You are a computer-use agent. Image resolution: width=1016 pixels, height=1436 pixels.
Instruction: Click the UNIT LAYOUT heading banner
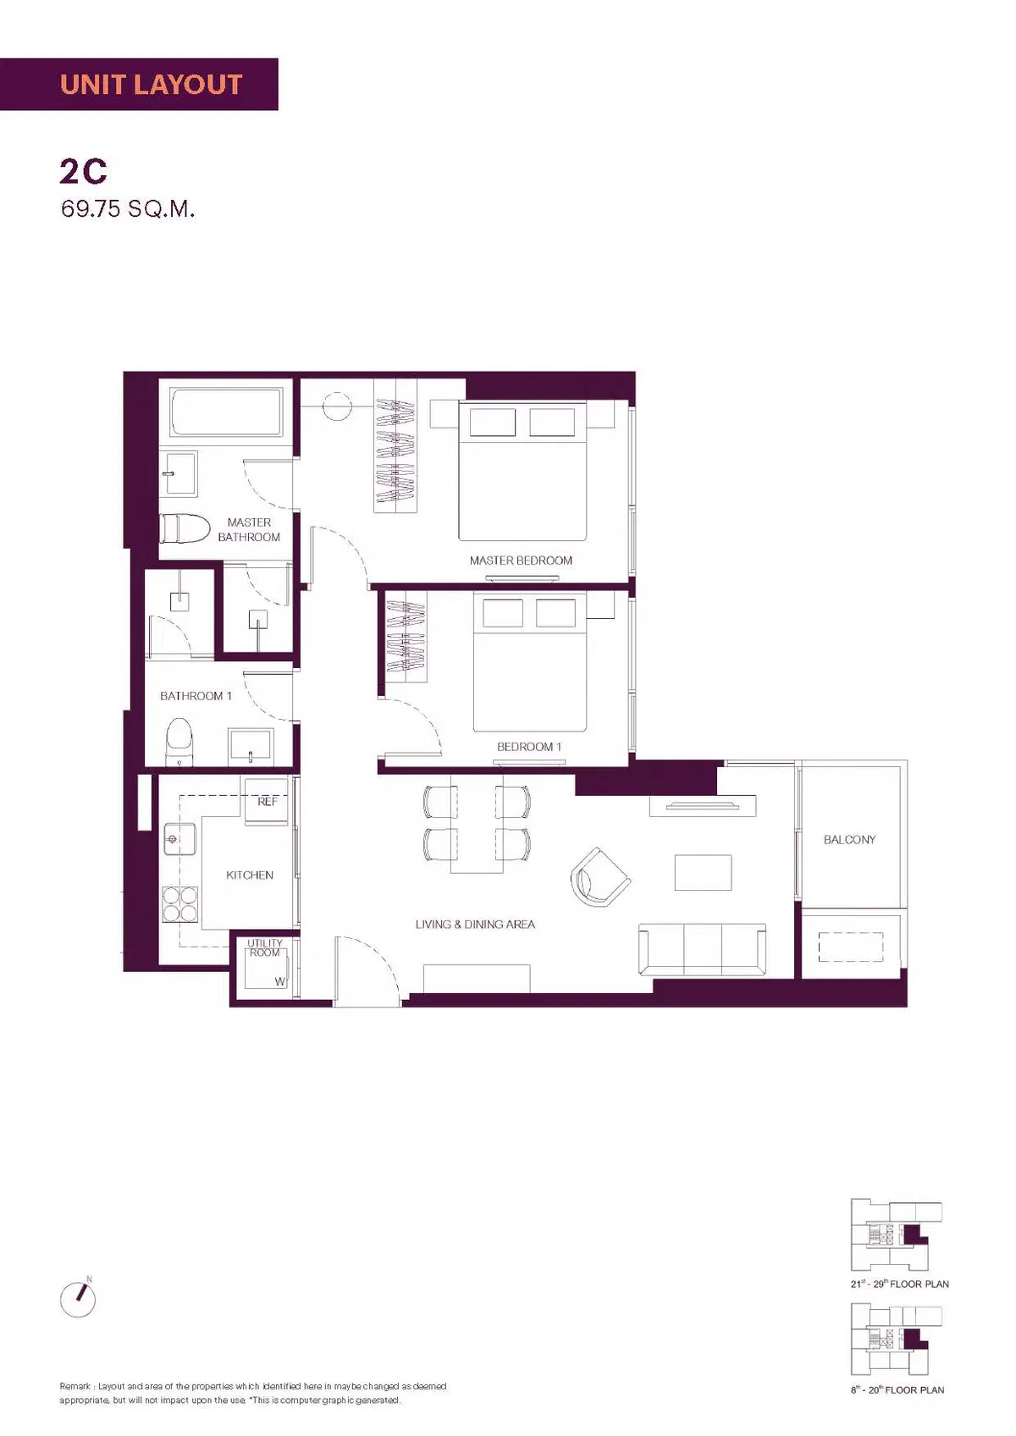pyautogui.click(x=139, y=84)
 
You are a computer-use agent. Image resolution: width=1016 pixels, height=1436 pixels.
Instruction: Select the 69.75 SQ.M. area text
pyautogui.click(x=128, y=209)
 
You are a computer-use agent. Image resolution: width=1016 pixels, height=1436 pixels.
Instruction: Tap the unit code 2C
pyautogui.click(x=83, y=171)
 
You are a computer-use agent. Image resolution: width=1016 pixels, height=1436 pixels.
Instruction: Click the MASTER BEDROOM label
pyautogui.click(x=521, y=561)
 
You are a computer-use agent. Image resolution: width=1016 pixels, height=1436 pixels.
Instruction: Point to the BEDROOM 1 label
pyautogui.click(x=529, y=746)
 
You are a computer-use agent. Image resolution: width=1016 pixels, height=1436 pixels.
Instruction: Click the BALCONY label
pyautogui.click(x=849, y=839)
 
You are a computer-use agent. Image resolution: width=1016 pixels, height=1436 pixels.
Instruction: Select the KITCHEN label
pyautogui.click(x=250, y=875)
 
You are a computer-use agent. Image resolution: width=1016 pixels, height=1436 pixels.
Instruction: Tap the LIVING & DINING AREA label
pyautogui.click(x=475, y=924)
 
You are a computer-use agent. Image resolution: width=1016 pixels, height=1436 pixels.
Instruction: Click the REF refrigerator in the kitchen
pyautogui.click(x=266, y=801)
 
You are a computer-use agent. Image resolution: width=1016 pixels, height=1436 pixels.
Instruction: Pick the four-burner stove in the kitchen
pyautogui.click(x=180, y=903)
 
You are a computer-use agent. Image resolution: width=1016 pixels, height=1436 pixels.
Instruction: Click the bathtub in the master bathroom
pyautogui.click(x=227, y=411)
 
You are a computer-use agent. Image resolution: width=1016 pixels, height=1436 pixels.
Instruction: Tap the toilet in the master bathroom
pyautogui.click(x=185, y=528)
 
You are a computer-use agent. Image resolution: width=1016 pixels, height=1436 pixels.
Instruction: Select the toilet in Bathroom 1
pyautogui.click(x=179, y=742)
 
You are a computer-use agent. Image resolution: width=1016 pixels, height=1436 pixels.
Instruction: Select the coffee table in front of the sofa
pyautogui.click(x=703, y=872)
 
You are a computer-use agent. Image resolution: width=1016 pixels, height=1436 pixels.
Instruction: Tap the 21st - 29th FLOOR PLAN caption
pyautogui.click(x=899, y=1284)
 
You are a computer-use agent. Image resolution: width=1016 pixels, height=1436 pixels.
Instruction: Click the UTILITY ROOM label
pyautogui.click(x=265, y=947)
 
